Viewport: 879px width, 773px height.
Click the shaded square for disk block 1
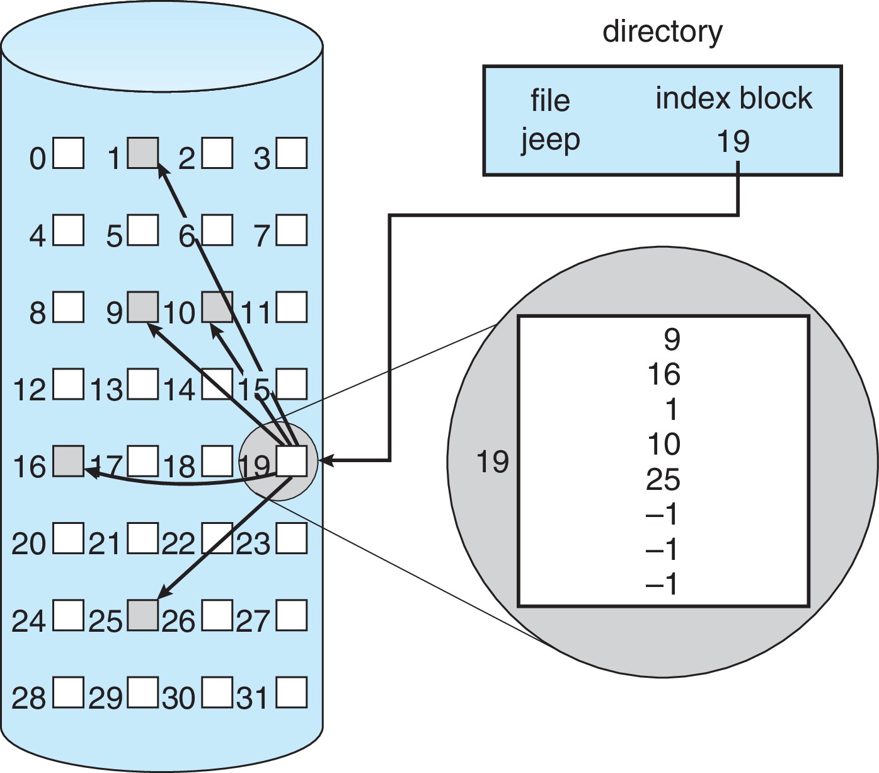pyautogui.click(x=143, y=153)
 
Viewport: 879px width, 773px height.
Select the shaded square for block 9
pyautogui.click(x=143, y=308)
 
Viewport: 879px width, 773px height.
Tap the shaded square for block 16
pyautogui.click(x=68, y=462)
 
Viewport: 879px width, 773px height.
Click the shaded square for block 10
pyautogui.click(x=217, y=308)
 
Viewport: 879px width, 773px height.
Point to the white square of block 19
pyautogui.click(x=292, y=462)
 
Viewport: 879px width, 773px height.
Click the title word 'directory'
pyautogui.click(x=662, y=32)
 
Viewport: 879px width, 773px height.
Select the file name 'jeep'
pyautogui.click(x=550, y=139)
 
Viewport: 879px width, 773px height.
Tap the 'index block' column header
pyautogui.click(x=733, y=98)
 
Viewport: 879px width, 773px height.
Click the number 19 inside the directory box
pyautogui.click(x=733, y=141)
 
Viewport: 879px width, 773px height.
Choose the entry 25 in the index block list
pyautogui.click(x=663, y=480)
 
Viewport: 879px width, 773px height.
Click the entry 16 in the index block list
pyautogui.click(x=664, y=375)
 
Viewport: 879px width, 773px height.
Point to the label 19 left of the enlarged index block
pyautogui.click(x=492, y=462)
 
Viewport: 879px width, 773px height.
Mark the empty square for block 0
pyautogui.click(x=68, y=153)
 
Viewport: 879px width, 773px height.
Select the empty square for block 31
pyautogui.click(x=292, y=693)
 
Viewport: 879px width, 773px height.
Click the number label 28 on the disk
pyautogui.click(x=29, y=699)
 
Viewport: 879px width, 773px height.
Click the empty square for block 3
pyautogui.click(x=292, y=153)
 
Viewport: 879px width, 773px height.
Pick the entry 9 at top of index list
pyautogui.click(x=672, y=340)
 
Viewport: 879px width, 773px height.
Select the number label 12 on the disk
pyautogui.click(x=29, y=390)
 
